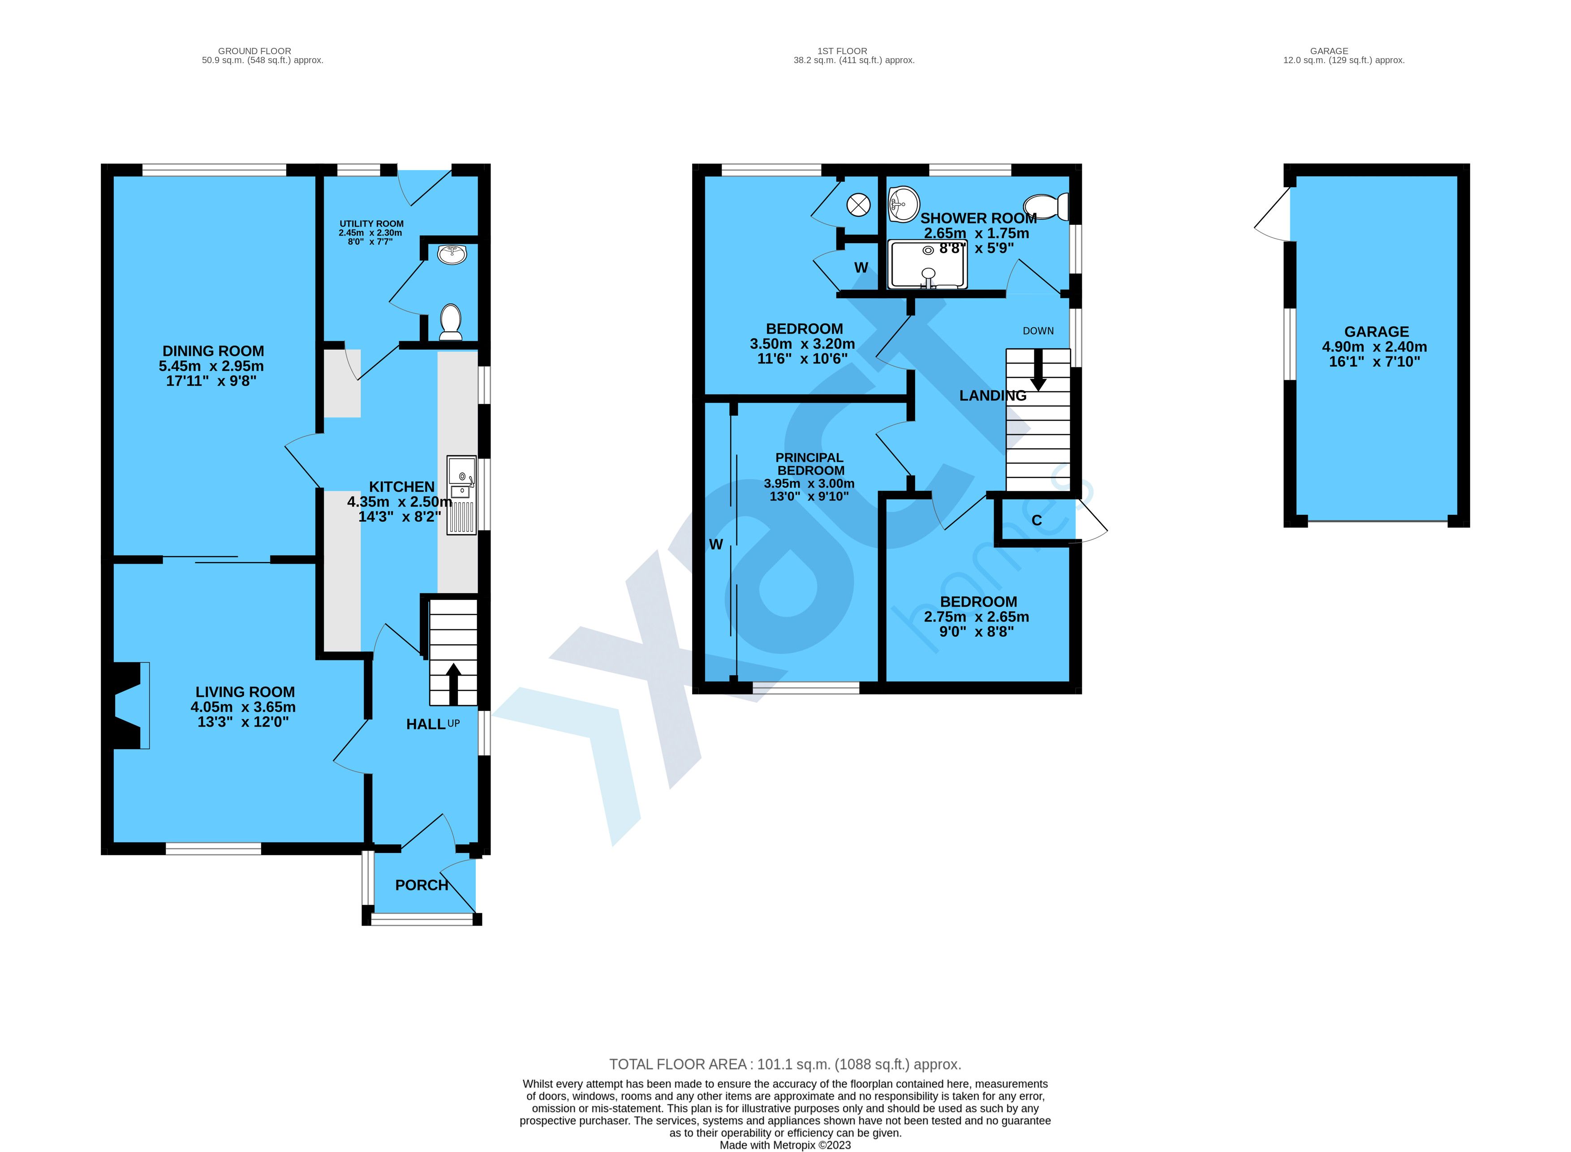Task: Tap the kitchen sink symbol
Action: click(x=461, y=496)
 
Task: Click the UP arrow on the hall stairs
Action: click(x=453, y=683)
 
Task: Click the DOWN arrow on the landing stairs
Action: click(x=1038, y=369)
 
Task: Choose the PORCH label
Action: click(x=422, y=885)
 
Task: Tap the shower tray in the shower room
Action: click(x=927, y=264)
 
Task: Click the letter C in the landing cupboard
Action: click(x=1037, y=520)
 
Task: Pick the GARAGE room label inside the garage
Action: click(x=1377, y=332)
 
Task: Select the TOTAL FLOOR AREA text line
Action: click(x=785, y=1064)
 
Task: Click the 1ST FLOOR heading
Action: click(x=842, y=51)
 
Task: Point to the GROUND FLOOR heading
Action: click(x=254, y=51)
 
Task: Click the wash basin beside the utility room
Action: click(x=452, y=255)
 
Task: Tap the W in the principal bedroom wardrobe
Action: click(x=716, y=544)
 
